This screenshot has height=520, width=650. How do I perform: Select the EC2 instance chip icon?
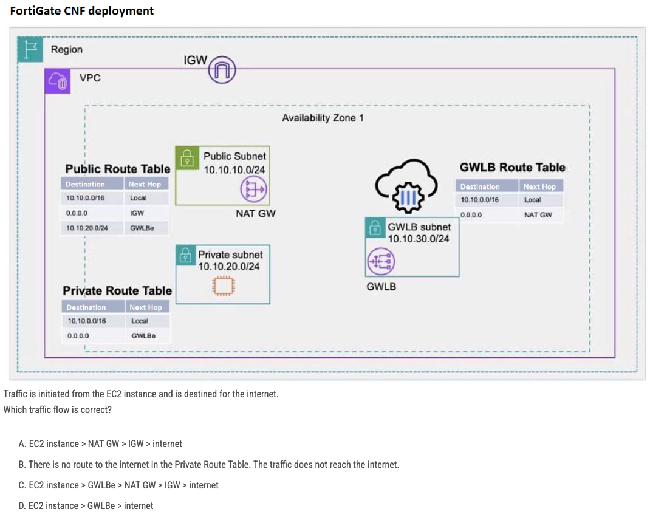pos(224,286)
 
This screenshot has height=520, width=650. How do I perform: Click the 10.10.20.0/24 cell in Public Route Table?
pos(87,228)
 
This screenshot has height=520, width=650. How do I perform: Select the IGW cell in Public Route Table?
pos(137,213)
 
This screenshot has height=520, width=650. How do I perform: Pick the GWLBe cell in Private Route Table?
pos(143,335)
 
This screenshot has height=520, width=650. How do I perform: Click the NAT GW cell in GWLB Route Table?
pos(538,214)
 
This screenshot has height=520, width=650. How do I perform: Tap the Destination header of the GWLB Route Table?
pos(480,186)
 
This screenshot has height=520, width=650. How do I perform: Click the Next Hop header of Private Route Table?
pos(146,307)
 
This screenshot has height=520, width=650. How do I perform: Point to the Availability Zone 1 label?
pos(323,118)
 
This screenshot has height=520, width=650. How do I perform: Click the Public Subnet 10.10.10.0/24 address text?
pos(234,170)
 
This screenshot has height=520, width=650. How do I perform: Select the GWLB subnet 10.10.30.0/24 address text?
pos(419,239)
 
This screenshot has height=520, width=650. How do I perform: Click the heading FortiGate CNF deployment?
pos(82,11)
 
